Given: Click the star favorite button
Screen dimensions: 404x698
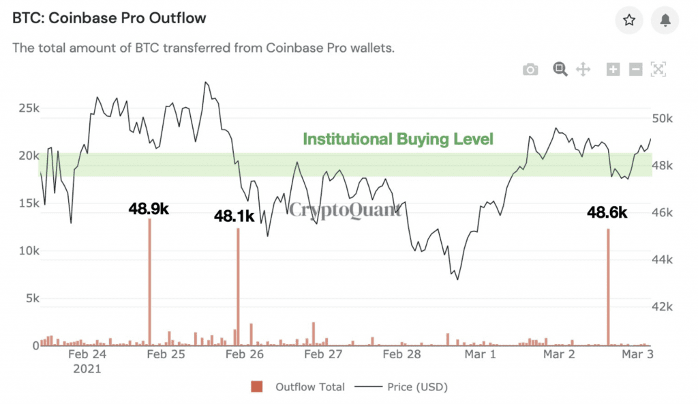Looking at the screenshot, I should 629,20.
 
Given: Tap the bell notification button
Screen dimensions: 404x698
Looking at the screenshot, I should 665,20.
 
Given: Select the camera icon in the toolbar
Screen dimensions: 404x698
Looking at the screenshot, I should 530,69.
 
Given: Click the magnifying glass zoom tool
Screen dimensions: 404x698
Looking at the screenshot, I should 560,69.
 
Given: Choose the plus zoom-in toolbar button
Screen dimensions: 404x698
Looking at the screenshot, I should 613,69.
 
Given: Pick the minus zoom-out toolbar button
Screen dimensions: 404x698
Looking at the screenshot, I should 635,69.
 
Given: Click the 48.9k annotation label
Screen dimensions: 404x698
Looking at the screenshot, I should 149,209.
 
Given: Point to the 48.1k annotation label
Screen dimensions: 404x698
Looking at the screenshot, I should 234,216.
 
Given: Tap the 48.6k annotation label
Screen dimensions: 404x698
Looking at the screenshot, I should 607,213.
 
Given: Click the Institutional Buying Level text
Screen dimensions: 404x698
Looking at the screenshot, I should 397,139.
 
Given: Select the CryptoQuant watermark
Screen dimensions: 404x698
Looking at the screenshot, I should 345,210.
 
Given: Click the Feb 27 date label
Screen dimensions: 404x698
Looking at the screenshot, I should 323,354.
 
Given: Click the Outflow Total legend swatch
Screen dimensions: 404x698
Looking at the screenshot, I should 257,387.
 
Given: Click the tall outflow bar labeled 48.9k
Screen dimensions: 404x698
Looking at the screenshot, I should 149,287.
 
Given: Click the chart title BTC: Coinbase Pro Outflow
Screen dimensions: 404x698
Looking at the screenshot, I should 109,18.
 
